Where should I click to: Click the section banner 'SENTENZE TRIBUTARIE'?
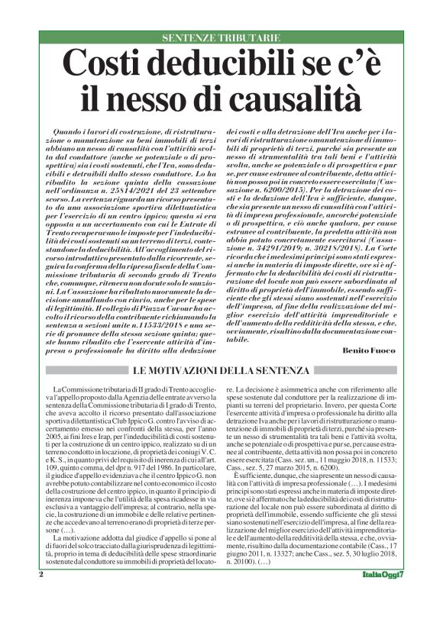[221, 37]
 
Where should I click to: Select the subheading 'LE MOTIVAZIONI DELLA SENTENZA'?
[221, 370]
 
